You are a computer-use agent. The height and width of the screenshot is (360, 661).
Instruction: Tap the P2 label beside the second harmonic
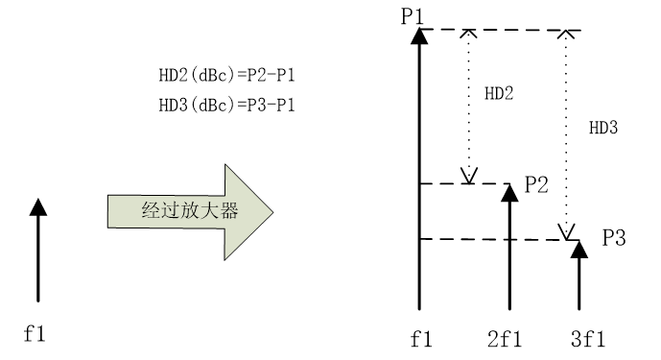point(536,185)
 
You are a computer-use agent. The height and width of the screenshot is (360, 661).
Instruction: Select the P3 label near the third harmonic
point(614,236)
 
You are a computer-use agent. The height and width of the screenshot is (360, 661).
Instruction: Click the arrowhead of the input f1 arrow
point(36,206)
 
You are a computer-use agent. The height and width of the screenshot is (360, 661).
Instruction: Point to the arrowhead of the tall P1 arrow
point(418,36)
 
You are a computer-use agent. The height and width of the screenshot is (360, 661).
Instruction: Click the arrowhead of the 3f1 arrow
point(579,249)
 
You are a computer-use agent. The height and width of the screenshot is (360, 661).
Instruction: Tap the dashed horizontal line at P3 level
point(480,239)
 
